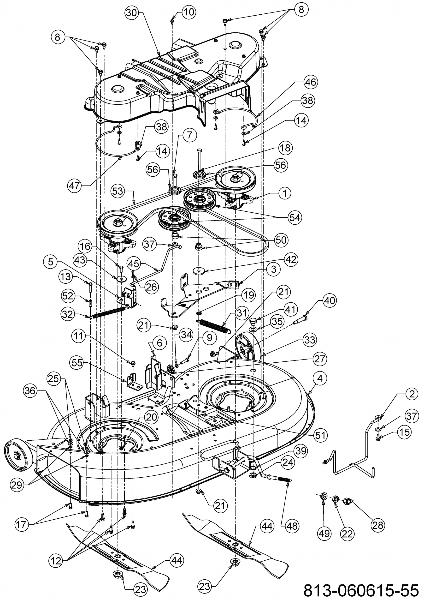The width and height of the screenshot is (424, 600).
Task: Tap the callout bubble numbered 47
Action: click(75, 186)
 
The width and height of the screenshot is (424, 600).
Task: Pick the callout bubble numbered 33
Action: click(310, 340)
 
